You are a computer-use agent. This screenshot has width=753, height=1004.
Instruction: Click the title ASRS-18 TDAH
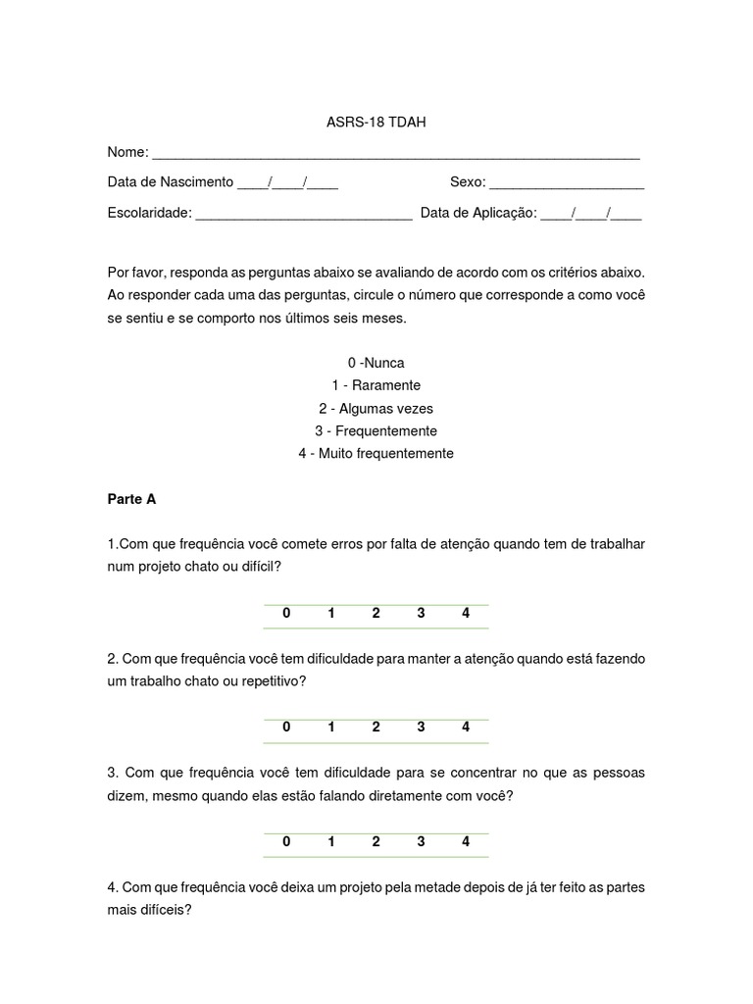[x=376, y=123]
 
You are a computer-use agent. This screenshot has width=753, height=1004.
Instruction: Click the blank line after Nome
[x=396, y=155]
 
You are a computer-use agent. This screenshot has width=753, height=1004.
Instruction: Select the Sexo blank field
[x=566, y=184]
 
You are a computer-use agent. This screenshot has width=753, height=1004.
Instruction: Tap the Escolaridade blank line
[x=304, y=215]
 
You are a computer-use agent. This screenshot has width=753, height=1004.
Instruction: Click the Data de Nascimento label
[x=171, y=182]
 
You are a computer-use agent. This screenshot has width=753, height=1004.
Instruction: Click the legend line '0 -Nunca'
[x=376, y=363]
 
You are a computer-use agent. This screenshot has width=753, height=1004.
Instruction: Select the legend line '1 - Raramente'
[x=376, y=385]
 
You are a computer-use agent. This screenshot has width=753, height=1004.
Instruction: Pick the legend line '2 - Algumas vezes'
[x=376, y=408]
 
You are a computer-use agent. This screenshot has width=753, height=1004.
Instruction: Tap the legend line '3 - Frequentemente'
[x=376, y=430]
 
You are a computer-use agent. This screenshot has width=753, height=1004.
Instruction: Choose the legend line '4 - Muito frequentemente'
[x=376, y=453]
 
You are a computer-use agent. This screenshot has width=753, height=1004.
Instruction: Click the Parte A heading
[x=131, y=499]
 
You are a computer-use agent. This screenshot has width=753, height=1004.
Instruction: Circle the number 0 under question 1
[x=286, y=614]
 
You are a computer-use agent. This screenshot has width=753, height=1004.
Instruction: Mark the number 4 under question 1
[x=466, y=614]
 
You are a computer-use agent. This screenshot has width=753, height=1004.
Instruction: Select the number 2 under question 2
[x=376, y=728]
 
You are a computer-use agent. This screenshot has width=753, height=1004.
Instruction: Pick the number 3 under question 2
[x=421, y=728]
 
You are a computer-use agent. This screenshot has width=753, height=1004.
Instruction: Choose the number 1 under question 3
[x=331, y=841]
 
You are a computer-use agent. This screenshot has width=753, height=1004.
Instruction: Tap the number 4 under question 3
[x=466, y=841]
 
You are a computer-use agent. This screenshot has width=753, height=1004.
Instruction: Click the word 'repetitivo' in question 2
[x=274, y=681]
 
